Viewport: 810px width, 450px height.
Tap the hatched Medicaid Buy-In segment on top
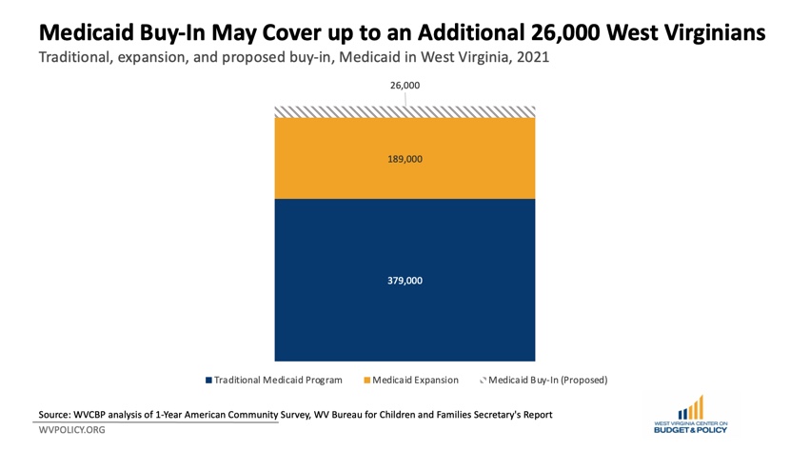pyautogui.click(x=405, y=111)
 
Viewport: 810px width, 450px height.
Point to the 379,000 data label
pyautogui.click(x=405, y=281)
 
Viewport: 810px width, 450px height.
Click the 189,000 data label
pyautogui.click(x=405, y=159)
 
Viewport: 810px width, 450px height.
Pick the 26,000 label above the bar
pyautogui.click(x=405, y=86)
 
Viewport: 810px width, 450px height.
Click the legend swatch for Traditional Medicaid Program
pyautogui.click(x=209, y=381)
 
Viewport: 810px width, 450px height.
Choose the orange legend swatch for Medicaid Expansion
pyautogui.click(x=367, y=381)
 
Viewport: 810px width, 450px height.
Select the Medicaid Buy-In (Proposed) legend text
pyautogui.click(x=547, y=381)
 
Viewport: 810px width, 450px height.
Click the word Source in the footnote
pyautogui.click(x=57, y=415)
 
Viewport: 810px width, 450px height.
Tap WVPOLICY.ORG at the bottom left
pyautogui.click(x=72, y=431)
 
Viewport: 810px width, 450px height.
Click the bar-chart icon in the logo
pyautogui.click(x=691, y=407)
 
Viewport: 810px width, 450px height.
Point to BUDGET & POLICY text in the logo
pyautogui.click(x=691, y=430)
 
